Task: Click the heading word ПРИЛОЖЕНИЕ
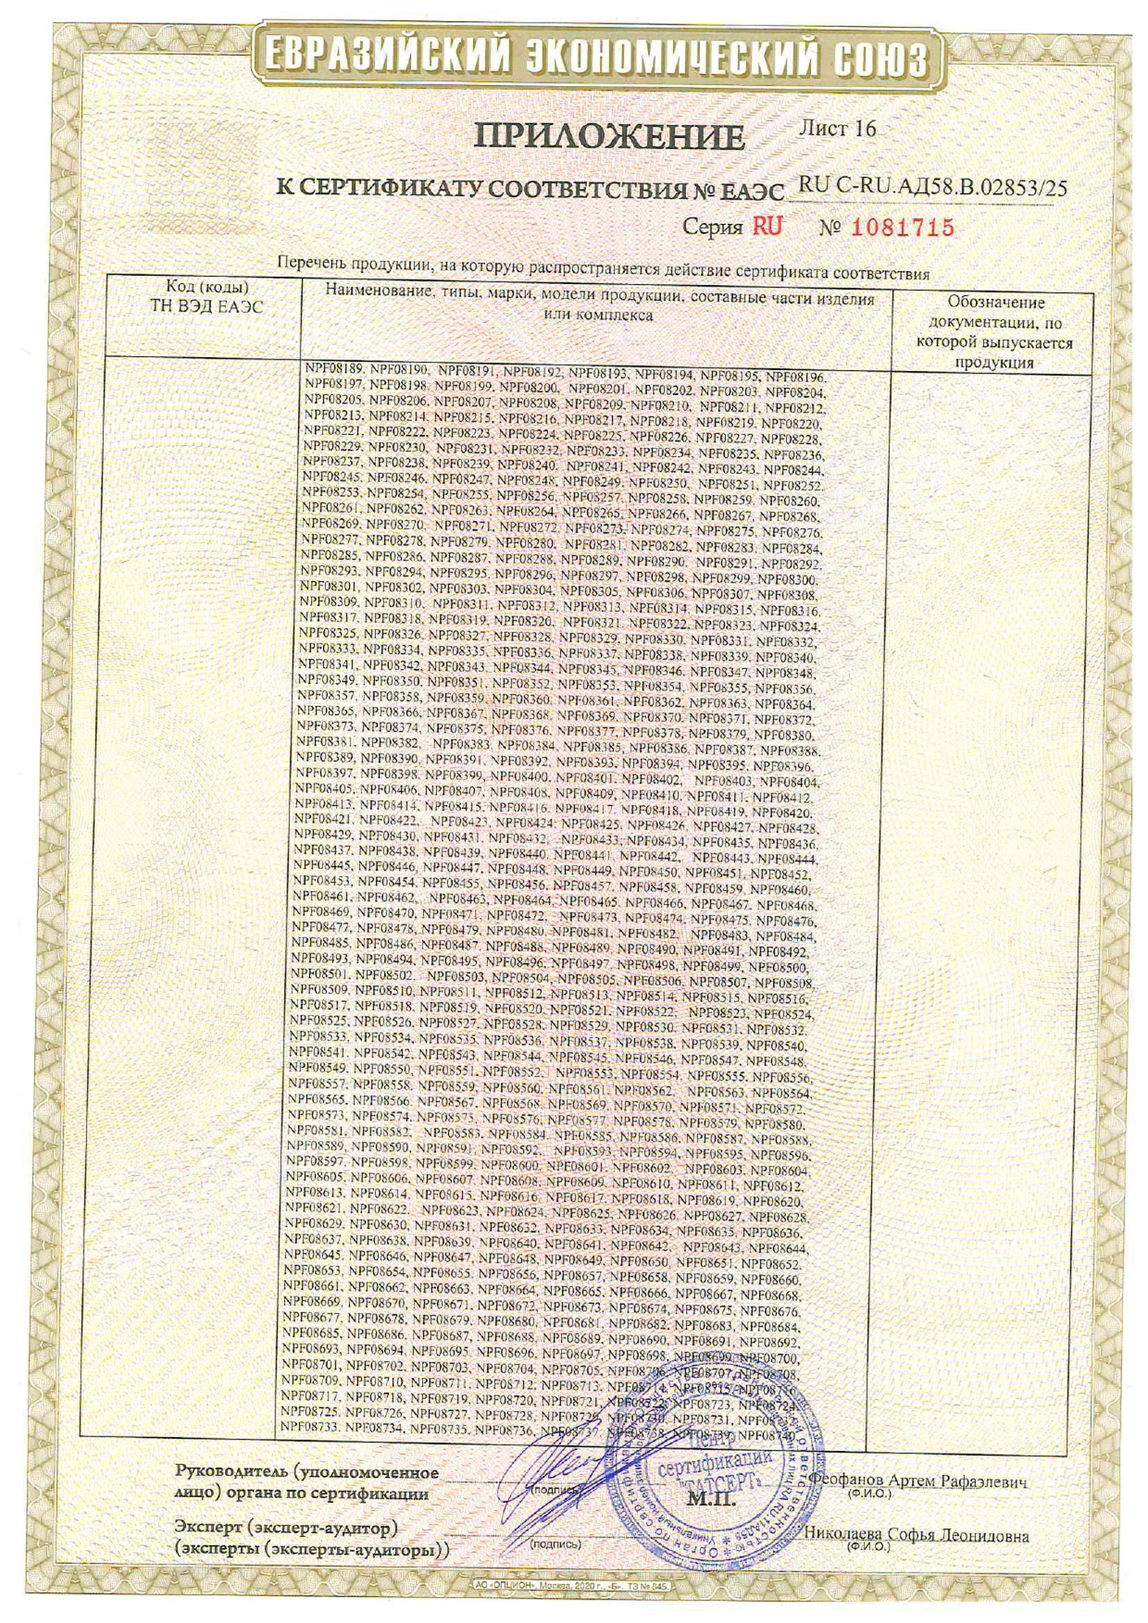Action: pos(609,137)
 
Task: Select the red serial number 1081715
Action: pos(902,228)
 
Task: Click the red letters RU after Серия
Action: pos(767,226)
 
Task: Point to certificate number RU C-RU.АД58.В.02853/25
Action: pos(933,188)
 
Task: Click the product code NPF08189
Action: pos(334,368)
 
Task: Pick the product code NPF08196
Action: pos(796,377)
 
